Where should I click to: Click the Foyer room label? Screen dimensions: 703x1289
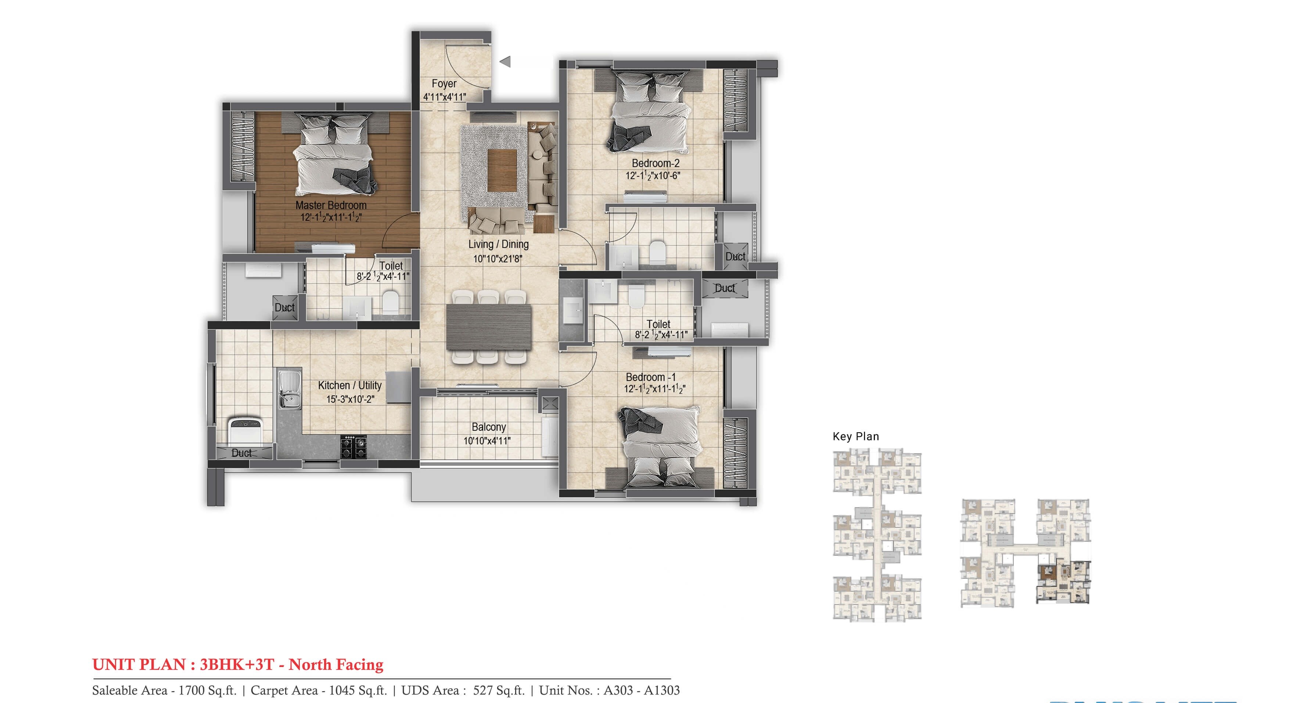(444, 84)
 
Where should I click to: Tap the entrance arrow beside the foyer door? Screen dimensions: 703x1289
(505, 62)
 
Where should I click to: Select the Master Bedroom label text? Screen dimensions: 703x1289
(331, 205)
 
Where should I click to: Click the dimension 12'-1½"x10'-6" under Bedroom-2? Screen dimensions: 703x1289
(653, 176)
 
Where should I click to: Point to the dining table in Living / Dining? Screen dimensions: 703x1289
(488, 327)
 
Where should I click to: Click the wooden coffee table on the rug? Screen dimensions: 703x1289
(502, 170)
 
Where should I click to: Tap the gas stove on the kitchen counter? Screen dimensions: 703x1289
(354, 447)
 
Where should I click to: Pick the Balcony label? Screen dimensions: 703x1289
(488, 427)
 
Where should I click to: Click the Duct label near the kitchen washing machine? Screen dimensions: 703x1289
(242, 453)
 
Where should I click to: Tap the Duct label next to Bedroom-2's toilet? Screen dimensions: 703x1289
(735, 256)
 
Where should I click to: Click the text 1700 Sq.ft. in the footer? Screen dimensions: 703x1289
(207, 691)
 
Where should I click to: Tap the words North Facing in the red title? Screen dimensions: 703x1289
(336, 664)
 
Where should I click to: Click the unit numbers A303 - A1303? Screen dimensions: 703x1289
(642, 691)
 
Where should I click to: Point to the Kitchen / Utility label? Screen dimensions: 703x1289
(349, 385)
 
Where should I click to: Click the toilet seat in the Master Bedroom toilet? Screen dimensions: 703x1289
(390, 302)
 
